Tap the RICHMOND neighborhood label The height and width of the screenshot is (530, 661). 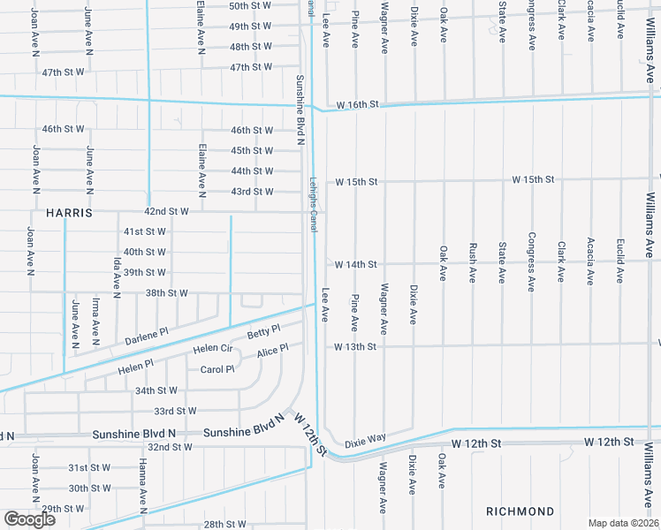[x=520, y=511]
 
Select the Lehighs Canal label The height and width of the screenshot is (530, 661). [x=313, y=204]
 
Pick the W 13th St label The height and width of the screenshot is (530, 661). [x=355, y=347]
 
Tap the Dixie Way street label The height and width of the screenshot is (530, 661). [x=365, y=439]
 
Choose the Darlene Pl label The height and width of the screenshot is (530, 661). [x=146, y=337]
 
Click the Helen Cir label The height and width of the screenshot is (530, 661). [x=211, y=349]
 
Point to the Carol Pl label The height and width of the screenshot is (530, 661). [x=217, y=369]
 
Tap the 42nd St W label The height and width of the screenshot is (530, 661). [x=167, y=212]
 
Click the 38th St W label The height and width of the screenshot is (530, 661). [x=167, y=292]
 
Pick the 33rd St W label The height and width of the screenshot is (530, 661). [x=175, y=411]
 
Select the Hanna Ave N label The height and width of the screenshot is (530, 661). [x=141, y=485]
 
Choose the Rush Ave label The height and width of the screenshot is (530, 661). [x=473, y=263]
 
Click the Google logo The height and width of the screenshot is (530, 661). [x=29, y=519]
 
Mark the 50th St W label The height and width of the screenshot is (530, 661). [x=250, y=5]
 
